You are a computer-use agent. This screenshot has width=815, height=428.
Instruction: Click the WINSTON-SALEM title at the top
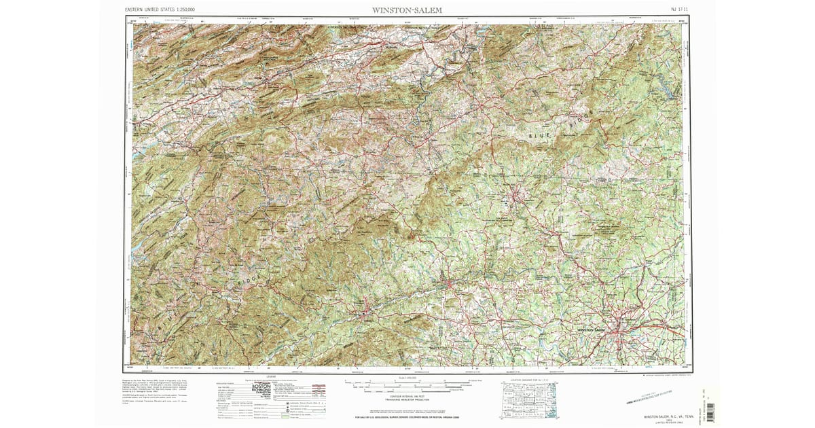point(407,10)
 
